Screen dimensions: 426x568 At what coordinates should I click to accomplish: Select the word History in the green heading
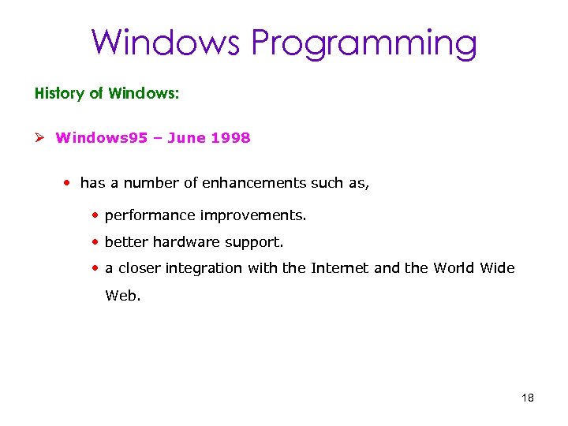[x=58, y=94]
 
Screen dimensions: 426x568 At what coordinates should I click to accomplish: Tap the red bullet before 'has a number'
[x=69, y=183]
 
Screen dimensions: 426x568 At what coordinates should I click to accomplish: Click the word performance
[x=150, y=215]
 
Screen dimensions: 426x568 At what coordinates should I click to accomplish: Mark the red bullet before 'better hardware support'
[x=95, y=241]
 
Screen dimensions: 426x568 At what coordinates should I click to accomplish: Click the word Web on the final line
[x=122, y=297]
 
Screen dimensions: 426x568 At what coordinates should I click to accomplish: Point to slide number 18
[x=528, y=398]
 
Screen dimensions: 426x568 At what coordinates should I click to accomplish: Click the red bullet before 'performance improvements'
[x=95, y=215]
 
